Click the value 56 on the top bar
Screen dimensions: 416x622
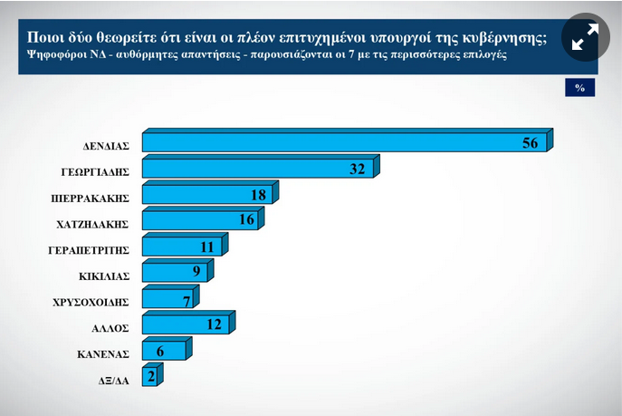pos(531,143)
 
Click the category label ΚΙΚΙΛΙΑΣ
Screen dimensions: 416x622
pos(105,276)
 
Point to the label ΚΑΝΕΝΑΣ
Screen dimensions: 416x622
pos(104,354)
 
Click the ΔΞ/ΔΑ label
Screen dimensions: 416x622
pos(112,381)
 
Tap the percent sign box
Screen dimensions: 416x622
pos(579,88)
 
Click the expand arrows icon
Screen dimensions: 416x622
pos(584,37)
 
